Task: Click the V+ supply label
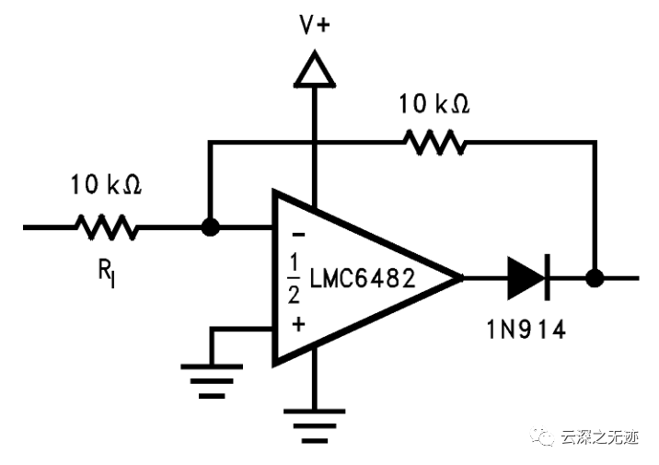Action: coord(315,25)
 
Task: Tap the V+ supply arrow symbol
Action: coord(314,69)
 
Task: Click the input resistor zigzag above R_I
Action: coord(107,227)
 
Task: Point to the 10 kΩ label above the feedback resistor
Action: coord(434,104)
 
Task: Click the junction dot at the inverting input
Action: coord(210,227)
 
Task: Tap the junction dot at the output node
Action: coord(595,276)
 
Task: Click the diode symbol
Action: coord(528,276)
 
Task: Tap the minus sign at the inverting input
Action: coord(297,234)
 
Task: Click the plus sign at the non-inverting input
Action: coord(297,323)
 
